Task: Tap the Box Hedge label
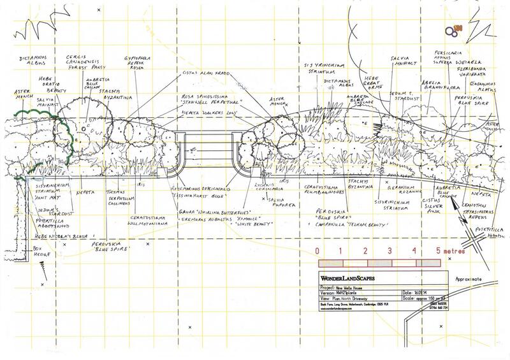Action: [x=24, y=250]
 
